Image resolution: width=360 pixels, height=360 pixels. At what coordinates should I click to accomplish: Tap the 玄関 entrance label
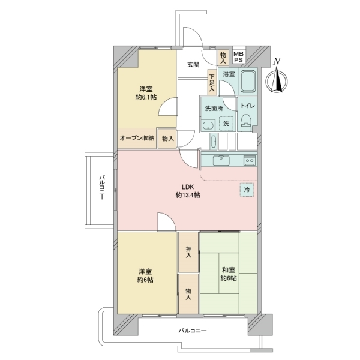[x=193, y=65]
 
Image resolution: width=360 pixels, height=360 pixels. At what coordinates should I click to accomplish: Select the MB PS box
[x=238, y=57]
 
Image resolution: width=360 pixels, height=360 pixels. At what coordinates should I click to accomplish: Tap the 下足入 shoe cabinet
[x=212, y=82]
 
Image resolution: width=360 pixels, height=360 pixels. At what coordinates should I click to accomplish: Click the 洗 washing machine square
[x=226, y=123]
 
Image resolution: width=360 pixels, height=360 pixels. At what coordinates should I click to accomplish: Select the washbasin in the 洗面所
[x=207, y=125]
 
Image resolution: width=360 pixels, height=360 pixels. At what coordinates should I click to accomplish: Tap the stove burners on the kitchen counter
[x=249, y=160]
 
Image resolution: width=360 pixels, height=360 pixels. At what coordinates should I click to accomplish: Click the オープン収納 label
[x=137, y=138]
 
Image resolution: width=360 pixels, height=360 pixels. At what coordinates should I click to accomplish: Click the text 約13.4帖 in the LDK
[x=188, y=196]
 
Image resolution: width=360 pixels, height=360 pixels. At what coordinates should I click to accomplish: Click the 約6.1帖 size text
[x=146, y=97]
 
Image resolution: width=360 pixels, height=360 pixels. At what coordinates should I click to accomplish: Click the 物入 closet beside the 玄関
[x=223, y=58]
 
